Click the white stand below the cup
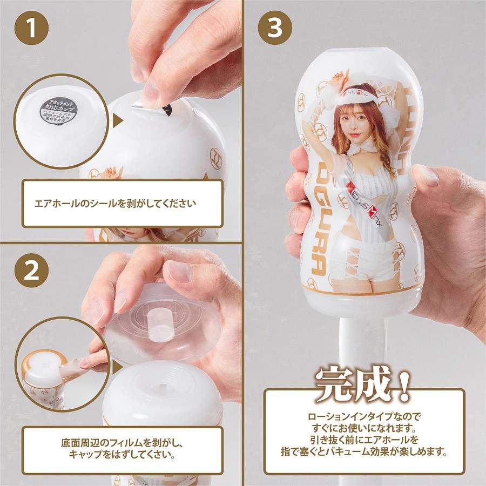(x=361, y=346)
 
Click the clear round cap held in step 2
(x=162, y=321)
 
